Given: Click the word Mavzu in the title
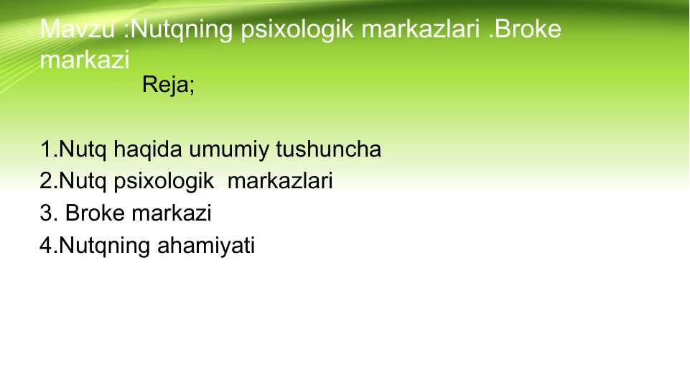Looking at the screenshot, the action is [78, 29].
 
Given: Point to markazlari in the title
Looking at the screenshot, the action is [421, 29].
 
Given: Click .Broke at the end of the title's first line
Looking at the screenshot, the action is [525, 29].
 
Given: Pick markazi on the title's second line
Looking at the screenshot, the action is [85, 60].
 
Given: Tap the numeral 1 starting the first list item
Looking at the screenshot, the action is [46, 149].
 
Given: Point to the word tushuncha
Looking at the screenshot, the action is [328, 149].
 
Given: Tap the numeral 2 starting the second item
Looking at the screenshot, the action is [46, 181].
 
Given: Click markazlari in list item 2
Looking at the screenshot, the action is [280, 181].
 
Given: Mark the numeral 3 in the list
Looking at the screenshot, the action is [46, 213].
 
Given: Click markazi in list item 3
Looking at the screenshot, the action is [172, 213].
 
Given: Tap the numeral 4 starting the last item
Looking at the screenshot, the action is [46, 245].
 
